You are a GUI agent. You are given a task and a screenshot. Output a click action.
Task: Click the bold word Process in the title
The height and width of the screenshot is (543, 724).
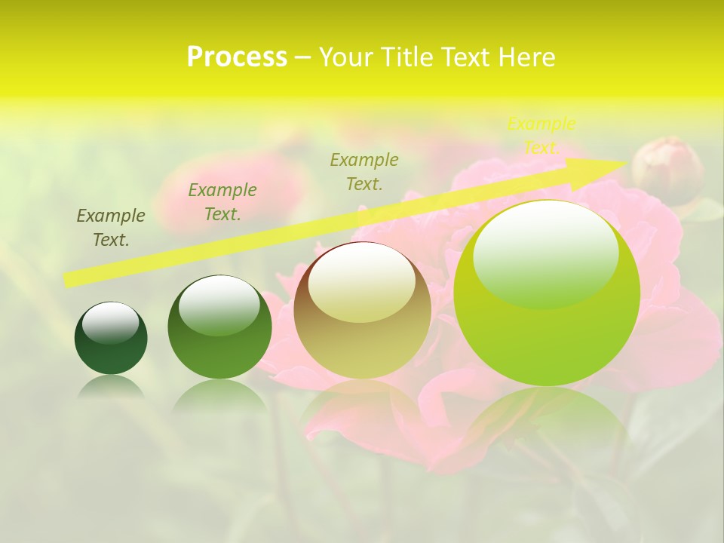[237, 57]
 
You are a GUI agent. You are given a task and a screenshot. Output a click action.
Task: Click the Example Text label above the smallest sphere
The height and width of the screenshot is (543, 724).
[111, 228]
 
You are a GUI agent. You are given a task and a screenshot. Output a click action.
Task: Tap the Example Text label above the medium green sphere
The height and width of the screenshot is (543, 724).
[222, 202]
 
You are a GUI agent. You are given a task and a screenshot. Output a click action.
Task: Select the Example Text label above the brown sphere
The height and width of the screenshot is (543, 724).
[364, 171]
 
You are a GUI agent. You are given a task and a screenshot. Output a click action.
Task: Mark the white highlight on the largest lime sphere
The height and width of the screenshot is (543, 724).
[545, 253]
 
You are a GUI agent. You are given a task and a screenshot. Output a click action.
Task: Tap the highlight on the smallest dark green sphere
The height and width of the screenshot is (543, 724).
[110, 323]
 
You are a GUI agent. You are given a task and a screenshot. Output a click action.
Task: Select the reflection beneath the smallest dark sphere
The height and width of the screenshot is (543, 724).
[111, 387]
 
